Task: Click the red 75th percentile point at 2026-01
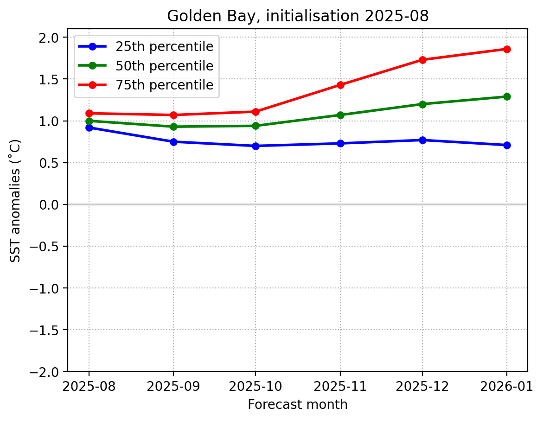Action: (x=506, y=49)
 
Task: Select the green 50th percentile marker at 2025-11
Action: (x=340, y=115)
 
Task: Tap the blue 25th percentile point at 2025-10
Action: (x=256, y=146)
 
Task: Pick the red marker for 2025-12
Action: (x=422, y=60)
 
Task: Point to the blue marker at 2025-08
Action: (x=89, y=128)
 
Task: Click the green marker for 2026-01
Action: (x=506, y=96)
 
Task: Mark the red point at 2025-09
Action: (x=173, y=115)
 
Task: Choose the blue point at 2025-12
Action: (x=422, y=140)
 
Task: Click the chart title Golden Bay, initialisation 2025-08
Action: (x=298, y=16)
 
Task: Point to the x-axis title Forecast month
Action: (x=298, y=405)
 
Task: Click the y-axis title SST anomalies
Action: (x=15, y=200)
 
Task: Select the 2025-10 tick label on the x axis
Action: (x=256, y=385)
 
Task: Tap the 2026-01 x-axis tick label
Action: (x=506, y=385)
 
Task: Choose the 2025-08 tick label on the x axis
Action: (x=89, y=385)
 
